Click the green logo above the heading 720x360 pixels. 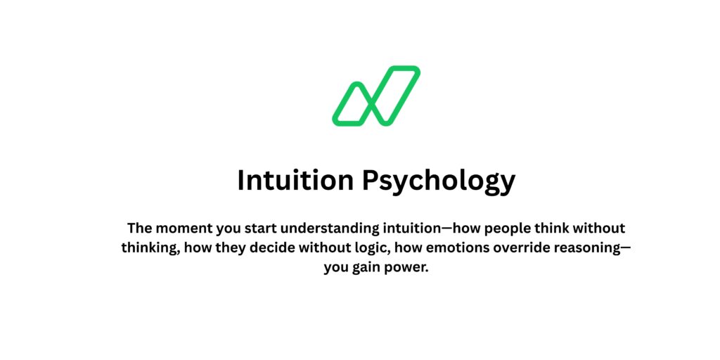click(376, 96)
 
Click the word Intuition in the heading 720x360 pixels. click(295, 181)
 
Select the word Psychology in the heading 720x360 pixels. click(439, 181)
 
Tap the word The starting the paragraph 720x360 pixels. click(140, 229)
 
